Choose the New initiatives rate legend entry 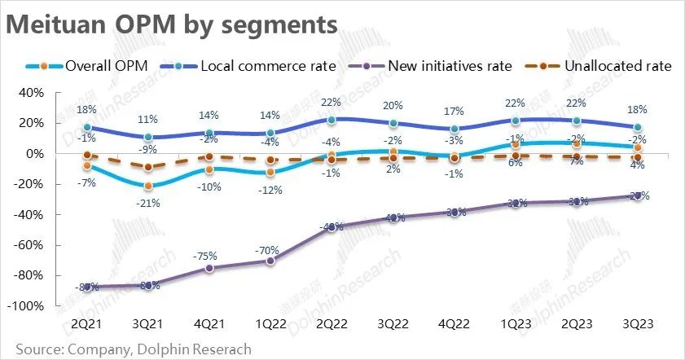click(x=441, y=66)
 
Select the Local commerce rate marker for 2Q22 click(x=331, y=120)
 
